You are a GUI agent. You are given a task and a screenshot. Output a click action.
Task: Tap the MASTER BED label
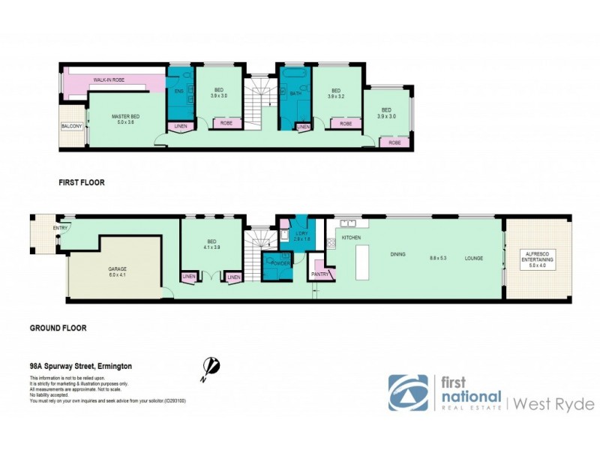124,116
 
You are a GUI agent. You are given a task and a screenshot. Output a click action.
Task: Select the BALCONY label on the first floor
71,127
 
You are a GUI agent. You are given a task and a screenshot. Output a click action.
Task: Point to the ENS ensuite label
178,91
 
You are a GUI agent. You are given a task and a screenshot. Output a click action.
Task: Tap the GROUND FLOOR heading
58,328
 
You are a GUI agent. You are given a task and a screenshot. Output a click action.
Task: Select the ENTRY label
60,228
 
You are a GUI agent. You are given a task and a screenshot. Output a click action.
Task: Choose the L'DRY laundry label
301,233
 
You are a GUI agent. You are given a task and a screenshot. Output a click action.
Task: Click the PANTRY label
319,274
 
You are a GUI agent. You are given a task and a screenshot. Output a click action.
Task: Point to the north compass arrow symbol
211,366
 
